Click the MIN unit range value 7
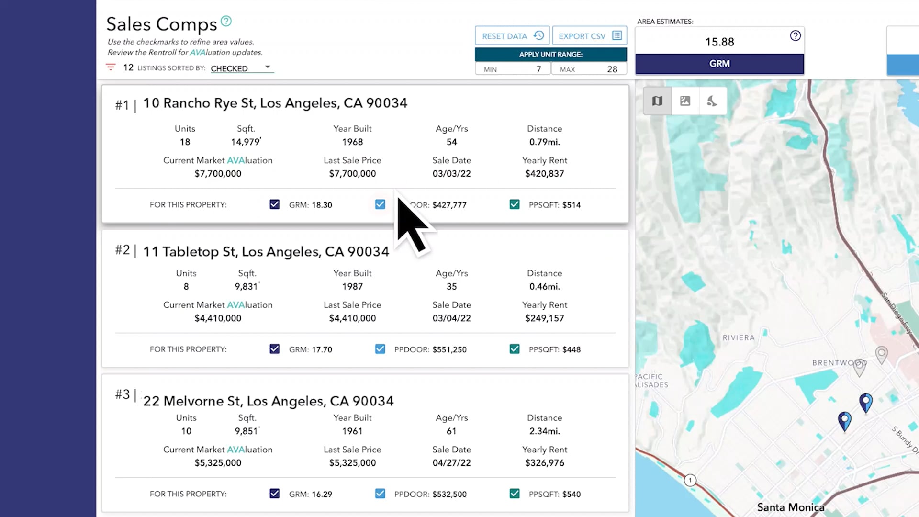(538, 69)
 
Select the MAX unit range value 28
(612, 69)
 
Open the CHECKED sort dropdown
(242, 68)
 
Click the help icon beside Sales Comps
(226, 21)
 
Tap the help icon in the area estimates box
(795, 36)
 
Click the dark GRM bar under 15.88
(719, 64)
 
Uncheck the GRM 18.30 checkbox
(274, 204)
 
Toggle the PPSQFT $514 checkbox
(515, 204)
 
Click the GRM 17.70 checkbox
(274, 349)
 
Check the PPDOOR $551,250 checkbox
(380, 349)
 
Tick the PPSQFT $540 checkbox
(515, 494)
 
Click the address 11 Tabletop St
(266, 252)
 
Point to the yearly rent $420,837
(544, 174)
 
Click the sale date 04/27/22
(451, 463)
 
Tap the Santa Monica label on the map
(790, 507)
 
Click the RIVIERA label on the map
(739, 338)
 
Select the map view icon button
(657, 101)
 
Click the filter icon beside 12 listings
(111, 67)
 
